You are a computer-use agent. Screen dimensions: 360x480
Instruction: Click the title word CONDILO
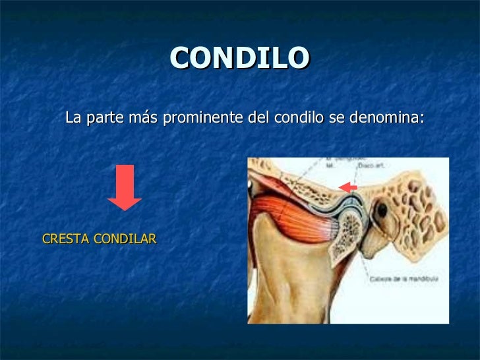(x=239, y=59)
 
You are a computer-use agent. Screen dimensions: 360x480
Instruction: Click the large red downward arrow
(x=125, y=187)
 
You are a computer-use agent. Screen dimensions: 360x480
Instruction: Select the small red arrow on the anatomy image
(x=347, y=189)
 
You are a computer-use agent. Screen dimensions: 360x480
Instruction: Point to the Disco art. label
(x=369, y=166)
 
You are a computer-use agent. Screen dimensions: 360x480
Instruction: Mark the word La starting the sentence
(x=73, y=119)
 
